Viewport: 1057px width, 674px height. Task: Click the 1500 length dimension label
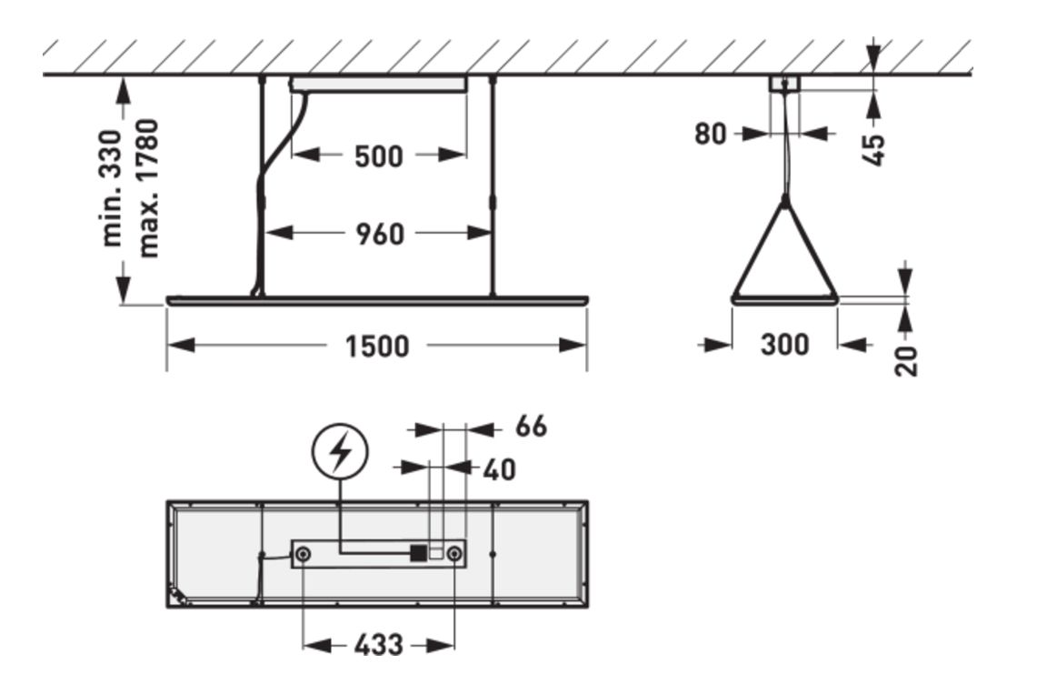click(x=376, y=347)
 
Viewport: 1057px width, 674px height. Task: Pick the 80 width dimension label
click(x=711, y=134)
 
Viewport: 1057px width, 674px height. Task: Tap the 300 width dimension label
click(x=783, y=345)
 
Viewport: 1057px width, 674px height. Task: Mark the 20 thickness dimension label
click(x=906, y=359)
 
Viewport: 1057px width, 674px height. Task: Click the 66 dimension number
click(x=532, y=426)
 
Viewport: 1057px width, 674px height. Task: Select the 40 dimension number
click(x=499, y=469)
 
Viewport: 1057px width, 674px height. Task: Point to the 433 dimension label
click(x=377, y=645)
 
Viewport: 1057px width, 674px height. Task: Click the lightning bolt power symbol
click(x=340, y=453)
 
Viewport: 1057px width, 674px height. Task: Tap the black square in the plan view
click(x=418, y=552)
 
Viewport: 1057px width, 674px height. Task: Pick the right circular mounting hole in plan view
click(x=454, y=553)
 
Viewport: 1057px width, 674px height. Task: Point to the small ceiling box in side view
click(x=783, y=84)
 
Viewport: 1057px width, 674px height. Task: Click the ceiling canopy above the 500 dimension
click(x=378, y=84)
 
